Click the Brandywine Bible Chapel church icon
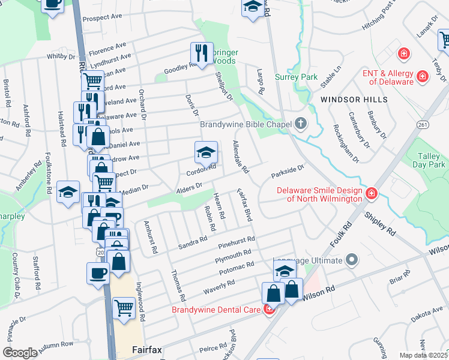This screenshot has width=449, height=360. point(301,124)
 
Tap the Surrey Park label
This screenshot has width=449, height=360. point(296,77)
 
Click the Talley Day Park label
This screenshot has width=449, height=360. point(431,160)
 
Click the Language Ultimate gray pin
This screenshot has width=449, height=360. point(351,260)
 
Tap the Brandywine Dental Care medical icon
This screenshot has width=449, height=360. point(269,310)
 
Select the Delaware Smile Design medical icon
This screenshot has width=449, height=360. point(372,193)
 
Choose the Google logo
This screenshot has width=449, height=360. point(20,352)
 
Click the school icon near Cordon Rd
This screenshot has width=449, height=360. point(205,152)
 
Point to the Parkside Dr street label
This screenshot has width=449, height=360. point(288,172)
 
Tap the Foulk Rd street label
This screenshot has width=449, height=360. point(339,235)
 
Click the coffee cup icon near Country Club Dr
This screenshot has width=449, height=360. point(97,274)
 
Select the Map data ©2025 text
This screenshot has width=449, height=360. point(424,355)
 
